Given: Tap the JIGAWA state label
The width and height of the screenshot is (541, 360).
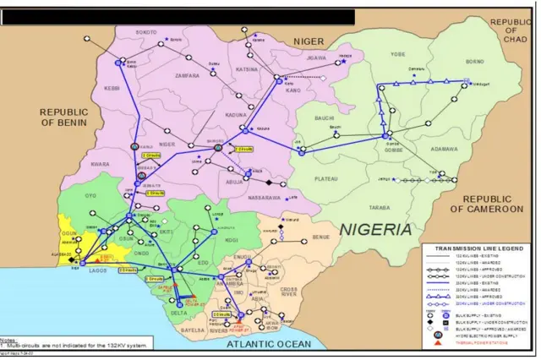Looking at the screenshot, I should pos(316,58).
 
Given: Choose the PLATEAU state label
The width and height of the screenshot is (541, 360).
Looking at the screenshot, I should pos(325,178).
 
